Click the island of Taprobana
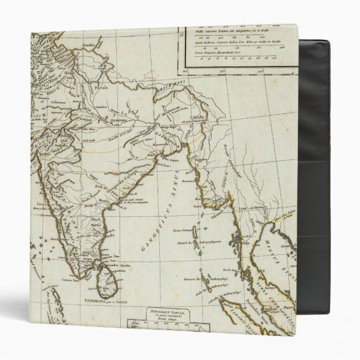click(104, 280)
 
